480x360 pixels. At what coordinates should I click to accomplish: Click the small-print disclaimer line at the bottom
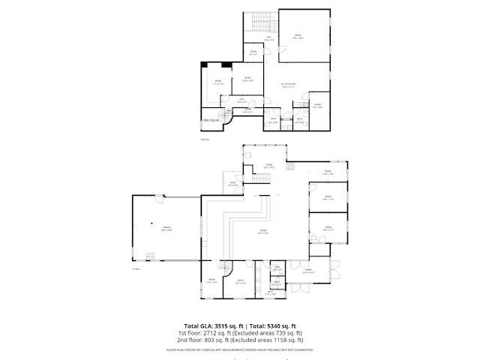[240, 349]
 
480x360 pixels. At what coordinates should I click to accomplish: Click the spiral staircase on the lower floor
[224, 268]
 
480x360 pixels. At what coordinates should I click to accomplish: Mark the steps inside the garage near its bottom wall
[150, 257]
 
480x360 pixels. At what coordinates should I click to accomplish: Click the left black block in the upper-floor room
[206, 66]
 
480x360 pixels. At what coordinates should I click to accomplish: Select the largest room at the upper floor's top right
[304, 36]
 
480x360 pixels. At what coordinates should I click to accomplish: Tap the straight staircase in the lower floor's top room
[262, 177]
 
